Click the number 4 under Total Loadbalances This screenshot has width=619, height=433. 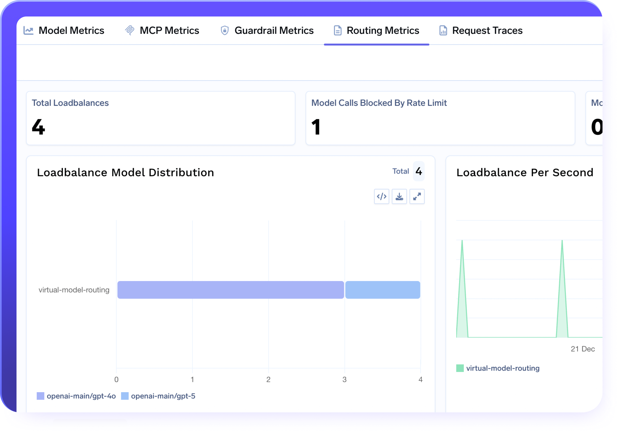coord(39,127)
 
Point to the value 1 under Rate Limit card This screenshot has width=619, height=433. coord(316,127)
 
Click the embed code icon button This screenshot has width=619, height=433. coord(382,196)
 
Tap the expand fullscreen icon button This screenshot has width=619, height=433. coord(417,196)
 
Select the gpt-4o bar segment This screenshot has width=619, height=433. coord(230,290)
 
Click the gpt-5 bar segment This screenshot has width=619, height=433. coord(383,290)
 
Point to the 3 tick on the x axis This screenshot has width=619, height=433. coord(344,379)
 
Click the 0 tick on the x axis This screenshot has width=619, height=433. coord(116,379)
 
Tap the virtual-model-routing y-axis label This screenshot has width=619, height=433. coord(74,290)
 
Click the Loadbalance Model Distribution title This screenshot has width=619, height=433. coord(125,172)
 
